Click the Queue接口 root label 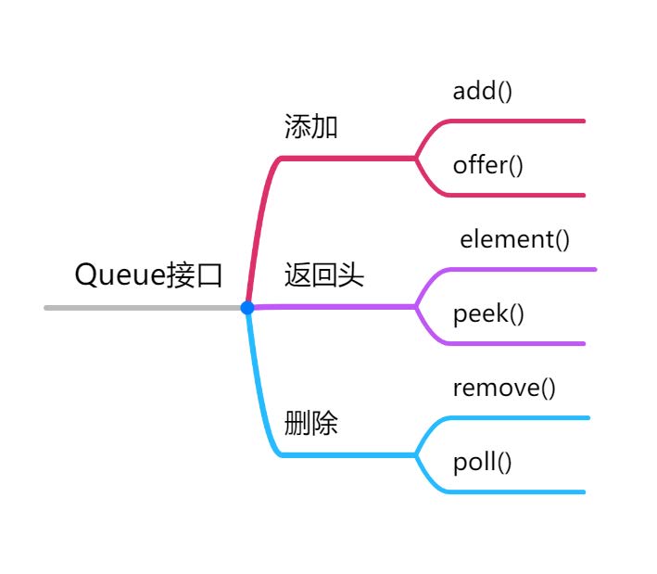click(x=148, y=275)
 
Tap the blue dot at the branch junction click(x=247, y=307)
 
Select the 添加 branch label click(x=310, y=127)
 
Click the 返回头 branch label click(x=323, y=275)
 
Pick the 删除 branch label click(x=310, y=424)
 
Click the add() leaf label click(x=482, y=91)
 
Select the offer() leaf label click(x=487, y=165)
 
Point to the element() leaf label click(x=514, y=239)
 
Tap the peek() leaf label click(x=488, y=313)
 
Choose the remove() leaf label click(x=503, y=388)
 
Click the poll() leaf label click(x=482, y=462)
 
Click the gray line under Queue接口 click(x=139, y=307)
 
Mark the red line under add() click(x=519, y=121)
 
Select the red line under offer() click(x=519, y=195)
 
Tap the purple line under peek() click(x=519, y=343)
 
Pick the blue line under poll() click(x=519, y=491)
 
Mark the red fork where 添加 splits click(x=416, y=159)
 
